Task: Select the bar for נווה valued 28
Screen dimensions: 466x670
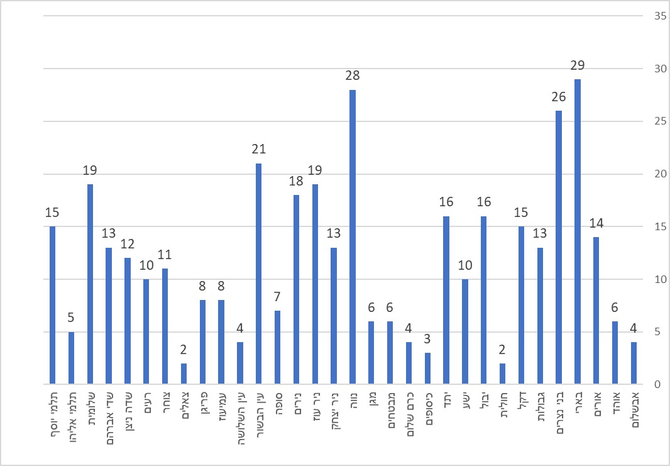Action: coord(353,237)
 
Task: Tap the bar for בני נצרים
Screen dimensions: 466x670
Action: coord(559,247)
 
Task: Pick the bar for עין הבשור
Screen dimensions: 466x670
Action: coord(259,274)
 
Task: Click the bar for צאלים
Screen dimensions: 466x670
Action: coord(184,374)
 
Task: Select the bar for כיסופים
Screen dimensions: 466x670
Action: coord(427,369)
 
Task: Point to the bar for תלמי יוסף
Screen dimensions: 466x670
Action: coord(52,305)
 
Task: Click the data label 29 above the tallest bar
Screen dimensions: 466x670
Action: coord(578,65)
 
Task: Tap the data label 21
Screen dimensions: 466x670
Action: coord(259,150)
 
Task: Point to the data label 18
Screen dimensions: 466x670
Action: coord(296,181)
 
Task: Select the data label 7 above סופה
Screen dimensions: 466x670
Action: coord(278,297)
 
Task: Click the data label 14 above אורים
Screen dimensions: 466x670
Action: coord(596,223)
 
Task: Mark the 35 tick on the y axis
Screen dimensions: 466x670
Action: coord(642,16)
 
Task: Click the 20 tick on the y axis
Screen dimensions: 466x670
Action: coord(642,174)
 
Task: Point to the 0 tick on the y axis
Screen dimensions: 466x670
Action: coord(639,384)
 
